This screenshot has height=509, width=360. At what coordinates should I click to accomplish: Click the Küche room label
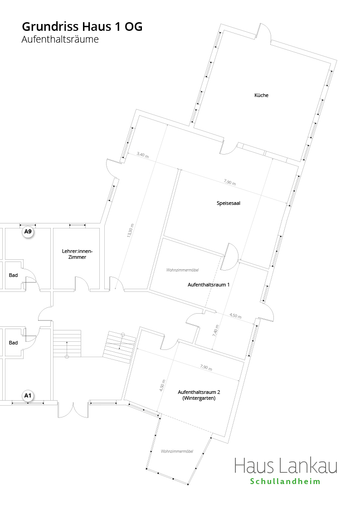(x=261, y=95)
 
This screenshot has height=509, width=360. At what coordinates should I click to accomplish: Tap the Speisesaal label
(x=229, y=203)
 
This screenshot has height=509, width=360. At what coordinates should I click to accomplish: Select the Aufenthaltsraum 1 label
(x=209, y=285)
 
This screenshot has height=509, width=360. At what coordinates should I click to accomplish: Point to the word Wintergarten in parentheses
(x=199, y=398)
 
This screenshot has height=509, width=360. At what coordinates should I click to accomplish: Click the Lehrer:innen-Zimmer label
(x=77, y=254)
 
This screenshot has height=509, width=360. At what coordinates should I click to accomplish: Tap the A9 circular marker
(x=28, y=232)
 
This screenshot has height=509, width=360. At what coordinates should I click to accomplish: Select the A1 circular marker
(x=28, y=396)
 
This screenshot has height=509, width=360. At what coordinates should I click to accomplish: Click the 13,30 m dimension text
(x=131, y=231)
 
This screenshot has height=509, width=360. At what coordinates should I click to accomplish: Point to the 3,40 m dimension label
(x=142, y=155)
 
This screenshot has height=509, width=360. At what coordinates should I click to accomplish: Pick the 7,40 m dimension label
(x=216, y=330)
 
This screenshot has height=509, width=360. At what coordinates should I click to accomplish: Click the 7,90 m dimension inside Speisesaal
(x=230, y=183)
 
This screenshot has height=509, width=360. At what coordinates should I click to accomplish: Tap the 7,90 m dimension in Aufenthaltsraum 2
(x=206, y=368)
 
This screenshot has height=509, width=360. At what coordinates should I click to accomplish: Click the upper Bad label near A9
(x=13, y=275)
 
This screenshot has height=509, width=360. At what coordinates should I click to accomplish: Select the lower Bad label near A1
(x=13, y=343)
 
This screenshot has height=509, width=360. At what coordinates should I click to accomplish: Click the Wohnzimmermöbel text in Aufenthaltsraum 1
(x=182, y=270)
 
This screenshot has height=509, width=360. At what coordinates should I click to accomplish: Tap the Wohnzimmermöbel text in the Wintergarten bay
(x=177, y=451)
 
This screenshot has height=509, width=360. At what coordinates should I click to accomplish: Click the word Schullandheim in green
(x=285, y=481)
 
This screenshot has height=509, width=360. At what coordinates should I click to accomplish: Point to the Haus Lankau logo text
(x=286, y=466)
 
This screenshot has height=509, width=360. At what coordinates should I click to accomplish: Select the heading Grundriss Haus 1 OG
(x=82, y=27)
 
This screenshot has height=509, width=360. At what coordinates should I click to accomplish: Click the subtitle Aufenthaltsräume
(x=60, y=39)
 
